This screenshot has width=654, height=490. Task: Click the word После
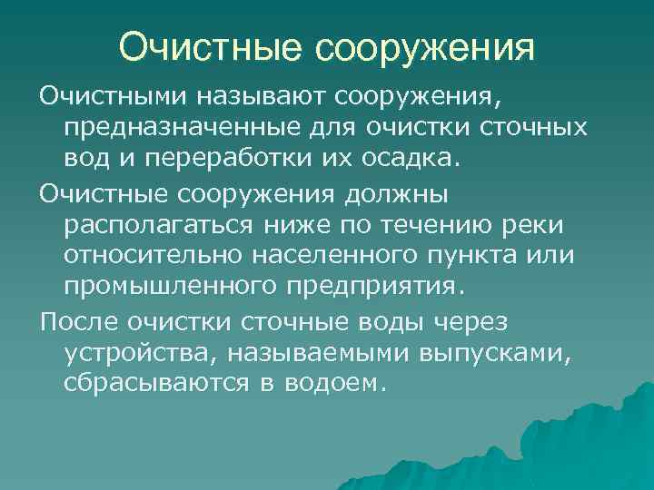click(x=77, y=321)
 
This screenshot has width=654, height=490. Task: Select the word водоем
click(x=334, y=385)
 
